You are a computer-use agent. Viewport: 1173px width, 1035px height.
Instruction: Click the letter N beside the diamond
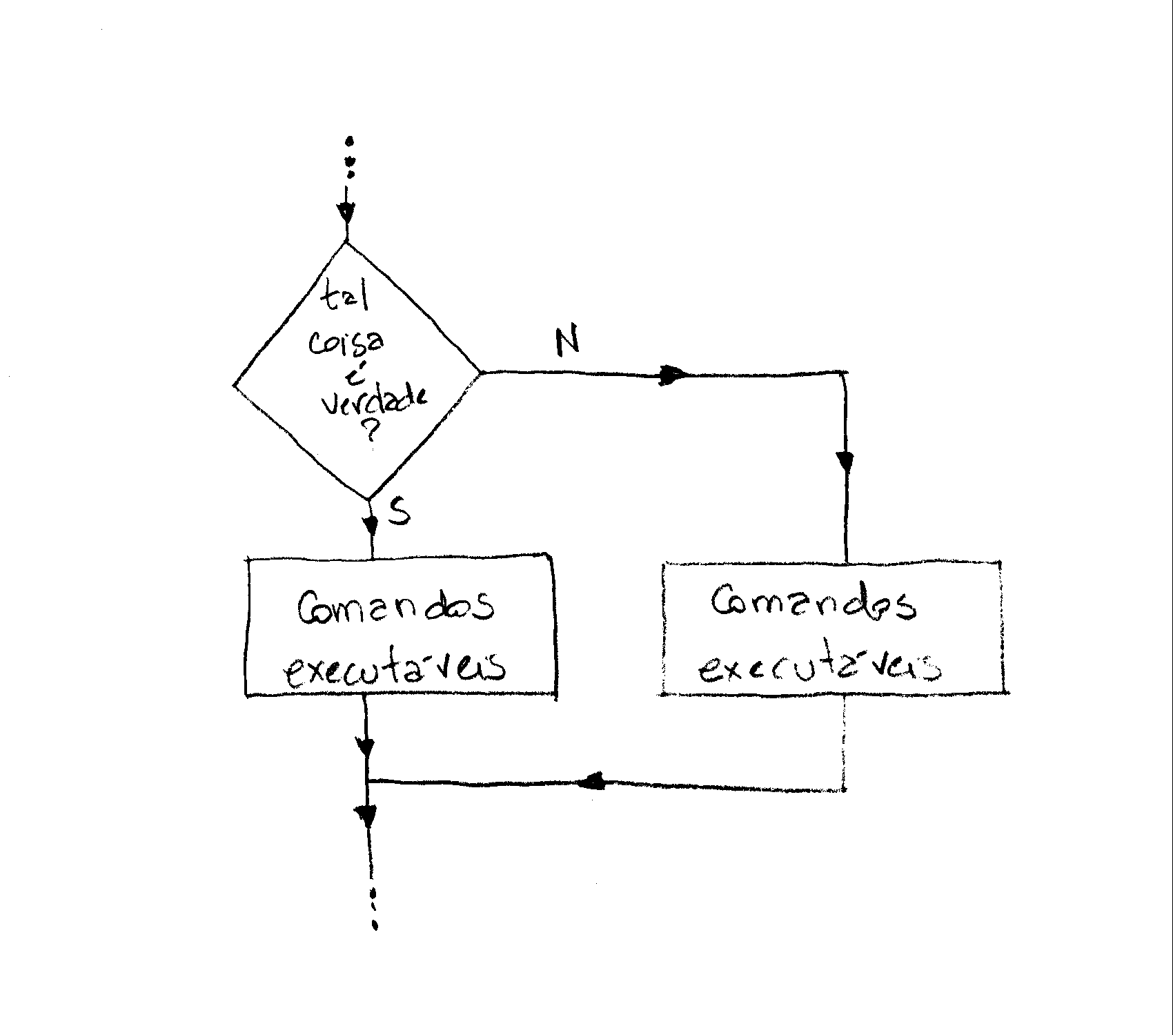(568, 342)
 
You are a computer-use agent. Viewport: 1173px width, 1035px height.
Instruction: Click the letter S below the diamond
(400, 511)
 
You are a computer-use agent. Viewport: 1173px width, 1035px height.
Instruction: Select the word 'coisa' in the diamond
(347, 343)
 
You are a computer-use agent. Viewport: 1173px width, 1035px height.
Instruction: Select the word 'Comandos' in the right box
(814, 603)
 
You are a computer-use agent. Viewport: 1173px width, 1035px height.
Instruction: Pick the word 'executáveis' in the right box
(820, 667)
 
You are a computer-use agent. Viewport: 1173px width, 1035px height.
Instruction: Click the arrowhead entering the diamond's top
(346, 213)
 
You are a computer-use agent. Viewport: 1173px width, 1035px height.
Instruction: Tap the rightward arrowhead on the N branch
(673, 375)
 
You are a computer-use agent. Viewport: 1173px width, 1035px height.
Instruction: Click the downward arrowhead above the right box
(845, 460)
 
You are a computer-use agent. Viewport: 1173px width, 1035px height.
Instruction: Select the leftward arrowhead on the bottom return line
(592, 782)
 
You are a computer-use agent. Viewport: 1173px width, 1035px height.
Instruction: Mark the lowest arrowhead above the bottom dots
(367, 817)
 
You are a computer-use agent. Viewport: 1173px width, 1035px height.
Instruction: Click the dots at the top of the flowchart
(350, 158)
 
